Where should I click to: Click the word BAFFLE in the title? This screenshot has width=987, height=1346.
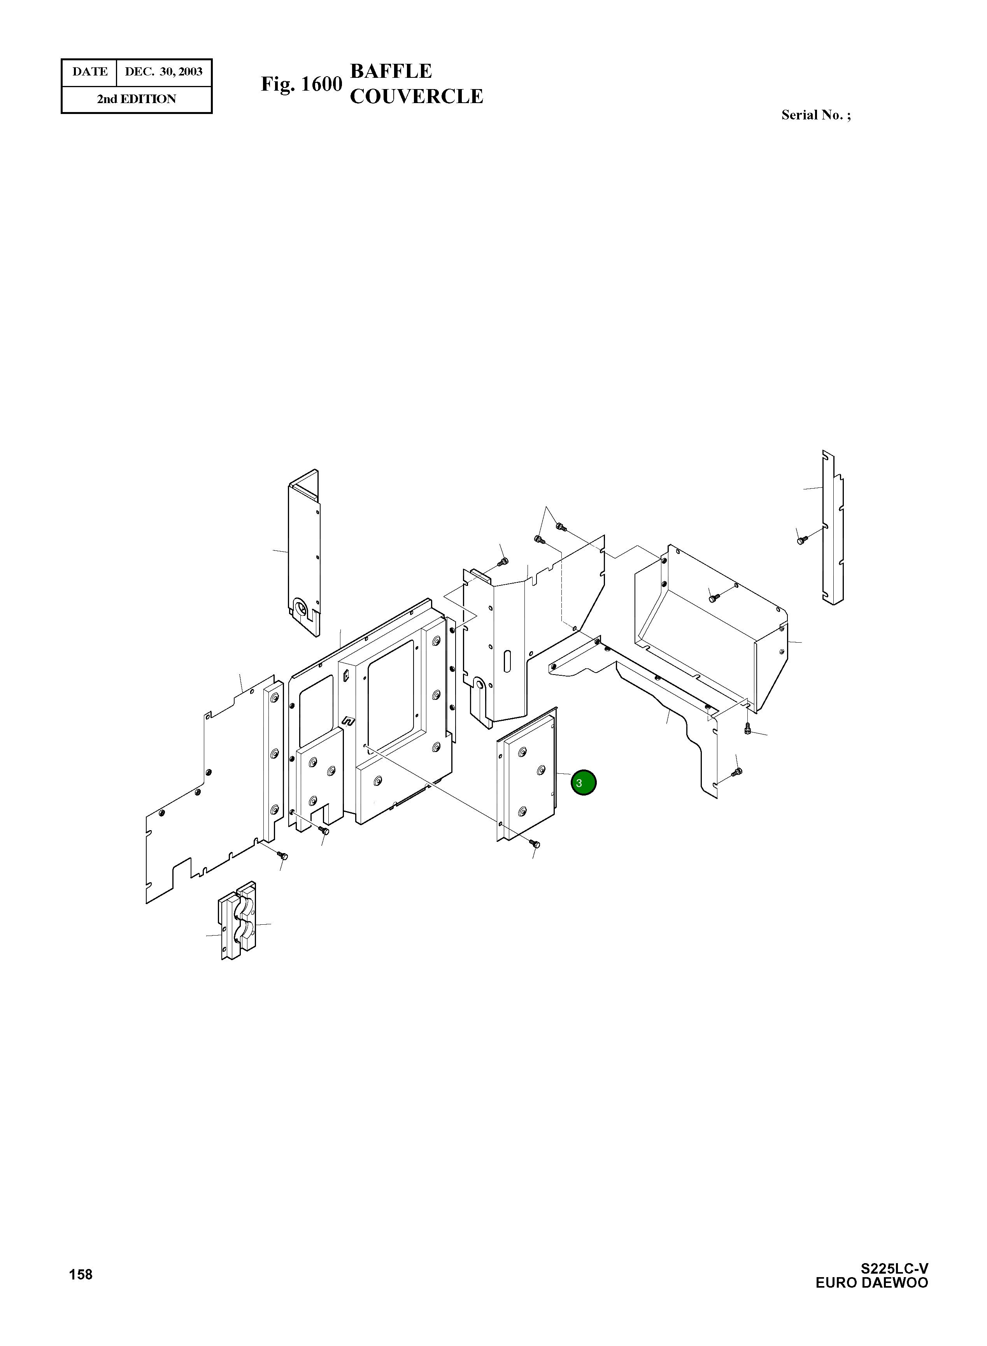(x=391, y=71)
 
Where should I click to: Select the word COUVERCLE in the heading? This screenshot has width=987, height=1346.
(x=416, y=96)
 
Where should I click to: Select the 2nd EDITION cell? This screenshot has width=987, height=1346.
(x=137, y=99)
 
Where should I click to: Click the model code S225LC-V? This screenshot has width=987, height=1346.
(x=894, y=1268)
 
